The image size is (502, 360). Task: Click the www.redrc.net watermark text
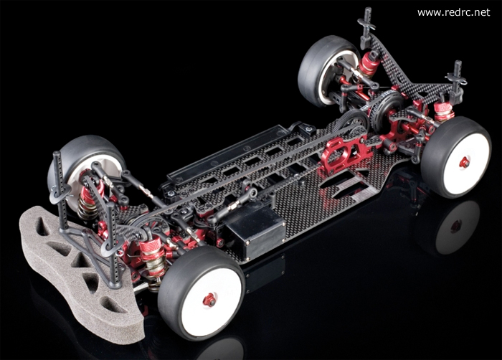click(454, 12)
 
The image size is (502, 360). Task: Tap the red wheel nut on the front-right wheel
click(209, 300)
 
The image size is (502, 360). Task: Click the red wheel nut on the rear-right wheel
click(464, 162)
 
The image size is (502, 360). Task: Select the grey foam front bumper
click(80, 273)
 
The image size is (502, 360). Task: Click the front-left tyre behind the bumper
click(84, 166)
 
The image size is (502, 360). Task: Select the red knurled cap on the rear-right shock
click(443, 108)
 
